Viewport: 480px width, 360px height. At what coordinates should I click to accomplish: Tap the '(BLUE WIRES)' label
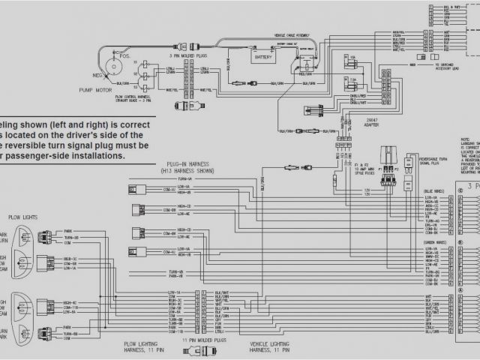pos(436,191)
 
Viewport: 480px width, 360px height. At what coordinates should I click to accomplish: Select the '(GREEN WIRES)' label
pos(436,241)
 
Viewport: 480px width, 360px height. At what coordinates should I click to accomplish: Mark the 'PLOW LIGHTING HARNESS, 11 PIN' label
pos(145,347)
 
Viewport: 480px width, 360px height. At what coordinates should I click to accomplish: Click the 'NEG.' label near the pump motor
pos(97,76)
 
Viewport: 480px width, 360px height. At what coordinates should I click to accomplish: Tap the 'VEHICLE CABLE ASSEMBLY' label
pos(289,34)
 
